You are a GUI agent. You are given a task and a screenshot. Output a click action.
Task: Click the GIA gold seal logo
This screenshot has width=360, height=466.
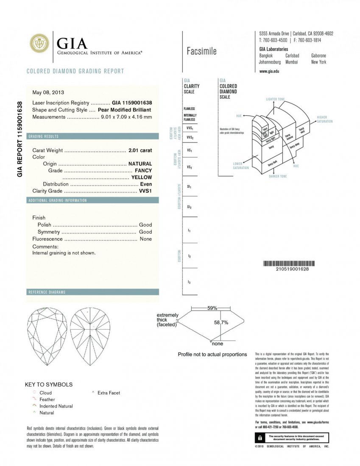pyautogui.click(x=39, y=44)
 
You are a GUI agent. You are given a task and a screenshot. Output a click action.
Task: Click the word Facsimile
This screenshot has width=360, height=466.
pyautogui.click(x=201, y=51)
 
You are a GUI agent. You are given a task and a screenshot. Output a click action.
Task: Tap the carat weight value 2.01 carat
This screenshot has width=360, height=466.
pyautogui.click(x=140, y=150)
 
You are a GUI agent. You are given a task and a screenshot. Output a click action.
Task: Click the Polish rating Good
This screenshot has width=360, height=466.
pyautogui.click(x=145, y=225)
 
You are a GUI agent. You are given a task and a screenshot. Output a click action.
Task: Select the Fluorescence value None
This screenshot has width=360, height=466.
pyautogui.click(x=145, y=239)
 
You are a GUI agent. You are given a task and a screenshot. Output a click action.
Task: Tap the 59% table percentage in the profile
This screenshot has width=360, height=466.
pyautogui.click(x=212, y=308)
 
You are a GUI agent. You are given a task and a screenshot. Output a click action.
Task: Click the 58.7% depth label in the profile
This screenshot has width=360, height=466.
pyautogui.click(x=221, y=322)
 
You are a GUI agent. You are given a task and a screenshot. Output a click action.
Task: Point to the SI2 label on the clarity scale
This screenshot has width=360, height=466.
pyautogui.click(x=190, y=207)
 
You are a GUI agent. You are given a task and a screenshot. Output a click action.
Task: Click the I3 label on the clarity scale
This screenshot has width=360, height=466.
pyautogui.click(x=189, y=282)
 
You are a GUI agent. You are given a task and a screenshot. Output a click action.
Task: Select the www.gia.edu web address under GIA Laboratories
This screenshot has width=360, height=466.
pyautogui.click(x=269, y=71)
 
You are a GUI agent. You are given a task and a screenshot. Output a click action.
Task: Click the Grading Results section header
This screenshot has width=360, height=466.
pyautogui.click(x=43, y=136)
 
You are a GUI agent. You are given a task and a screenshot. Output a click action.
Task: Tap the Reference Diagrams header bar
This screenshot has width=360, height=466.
pyautogui.click(x=47, y=292)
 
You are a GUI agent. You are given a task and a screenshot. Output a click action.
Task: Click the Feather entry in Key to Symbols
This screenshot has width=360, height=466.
pyautogui.click(x=47, y=399)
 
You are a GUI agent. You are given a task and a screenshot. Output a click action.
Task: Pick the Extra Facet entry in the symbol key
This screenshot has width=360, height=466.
pyautogui.click(x=109, y=393)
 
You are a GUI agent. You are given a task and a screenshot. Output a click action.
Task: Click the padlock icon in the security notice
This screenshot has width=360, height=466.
pyautogui.click(x=258, y=437)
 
